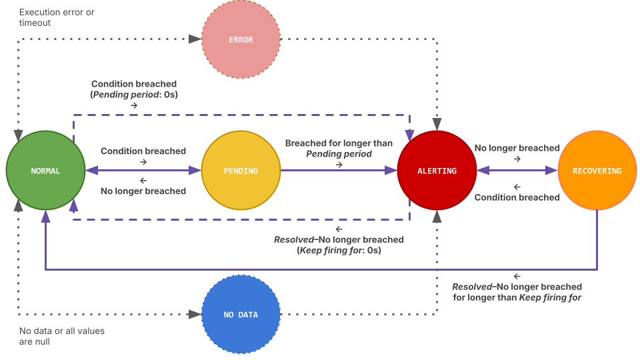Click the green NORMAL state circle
(x=45, y=171)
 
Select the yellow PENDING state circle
(x=241, y=171)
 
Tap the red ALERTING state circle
(x=437, y=171)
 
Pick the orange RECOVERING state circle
(x=597, y=171)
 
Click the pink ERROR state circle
(x=241, y=39)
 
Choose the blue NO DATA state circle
(x=241, y=314)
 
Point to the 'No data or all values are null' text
(x=61, y=336)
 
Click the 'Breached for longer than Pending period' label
(x=339, y=148)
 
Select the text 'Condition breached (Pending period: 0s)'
(x=134, y=89)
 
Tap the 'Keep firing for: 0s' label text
(x=339, y=251)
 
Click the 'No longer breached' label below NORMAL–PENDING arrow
(x=143, y=191)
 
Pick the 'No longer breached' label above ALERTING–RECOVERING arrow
(x=517, y=148)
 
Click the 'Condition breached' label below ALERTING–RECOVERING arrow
(x=517, y=197)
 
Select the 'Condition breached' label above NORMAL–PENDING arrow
(x=143, y=151)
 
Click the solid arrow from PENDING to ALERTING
(x=339, y=171)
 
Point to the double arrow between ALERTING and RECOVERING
(x=517, y=171)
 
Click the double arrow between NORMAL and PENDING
(x=143, y=171)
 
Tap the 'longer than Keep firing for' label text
(x=517, y=297)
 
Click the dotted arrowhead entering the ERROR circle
(x=195, y=39)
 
